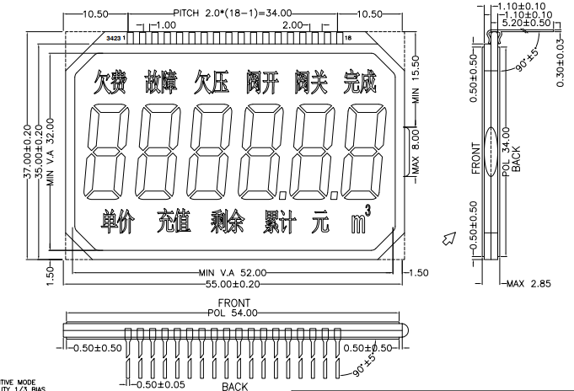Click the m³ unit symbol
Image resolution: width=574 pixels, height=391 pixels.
pyautogui.click(x=360, y=222)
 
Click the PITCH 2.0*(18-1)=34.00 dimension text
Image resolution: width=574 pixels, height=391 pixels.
pyautogui.click(x=233, y=13)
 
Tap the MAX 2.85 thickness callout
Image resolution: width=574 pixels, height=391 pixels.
pyautogui.click(x=530, y=284)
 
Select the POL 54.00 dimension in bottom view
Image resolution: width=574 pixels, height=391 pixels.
pyautogui.click(x=233, y=311)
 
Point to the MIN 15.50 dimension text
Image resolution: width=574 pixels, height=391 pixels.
pyautogui.click(x=416, y=81)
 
